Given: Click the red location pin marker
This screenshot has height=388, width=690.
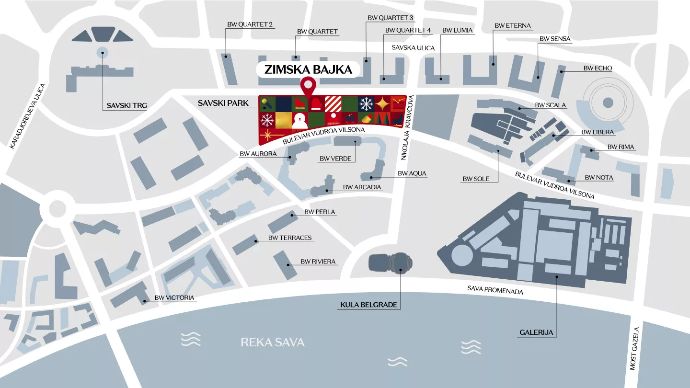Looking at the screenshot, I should (x=307, y=87).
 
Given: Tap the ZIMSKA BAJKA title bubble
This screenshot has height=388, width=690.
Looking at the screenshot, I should (x=308, y=69).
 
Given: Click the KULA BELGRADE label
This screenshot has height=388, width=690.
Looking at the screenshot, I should (x=368, y=305).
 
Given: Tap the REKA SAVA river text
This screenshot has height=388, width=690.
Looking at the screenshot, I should (x=273, y=342).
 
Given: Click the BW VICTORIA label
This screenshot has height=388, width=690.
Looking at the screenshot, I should (x=174, y=297).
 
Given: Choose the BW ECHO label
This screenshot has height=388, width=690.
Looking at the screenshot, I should (x=598, y=68).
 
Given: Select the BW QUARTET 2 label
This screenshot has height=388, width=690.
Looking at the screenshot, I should (x=250, y=24).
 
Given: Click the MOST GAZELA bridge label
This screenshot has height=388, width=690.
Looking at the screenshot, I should (x=634, y=348).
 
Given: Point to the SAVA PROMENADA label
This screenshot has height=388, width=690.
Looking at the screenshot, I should (x=495, y=290).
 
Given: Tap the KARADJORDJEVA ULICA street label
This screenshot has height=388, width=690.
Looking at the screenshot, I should (x=28, y=116).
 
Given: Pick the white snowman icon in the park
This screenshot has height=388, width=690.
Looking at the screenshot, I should (x=300, y=121).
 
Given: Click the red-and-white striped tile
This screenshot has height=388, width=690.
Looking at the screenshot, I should (x=333, y=103).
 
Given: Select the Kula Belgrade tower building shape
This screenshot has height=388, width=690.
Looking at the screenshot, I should (x=391, y=263).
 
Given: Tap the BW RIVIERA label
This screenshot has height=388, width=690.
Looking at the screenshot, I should (x=318, y=262).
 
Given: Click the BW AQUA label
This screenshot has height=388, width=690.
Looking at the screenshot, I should (x=412, y=173).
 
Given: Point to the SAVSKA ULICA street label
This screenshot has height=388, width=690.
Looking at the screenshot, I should (x=413, y=48).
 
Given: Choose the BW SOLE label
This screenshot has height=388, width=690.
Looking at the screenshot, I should (x=476, y=179).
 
